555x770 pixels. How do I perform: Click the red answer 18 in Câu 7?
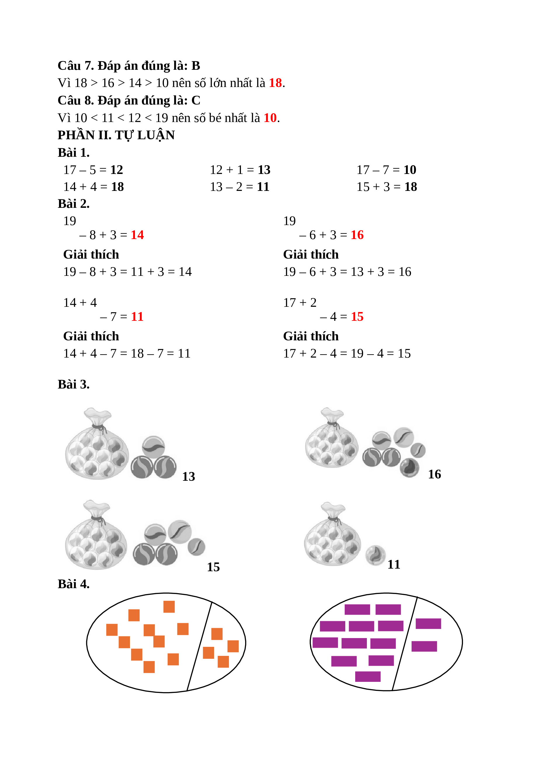pos(275,83)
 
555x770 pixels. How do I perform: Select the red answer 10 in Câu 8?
pos(270,118)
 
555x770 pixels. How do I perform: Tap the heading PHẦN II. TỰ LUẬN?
pos(116,135)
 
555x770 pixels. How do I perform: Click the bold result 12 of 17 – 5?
pos(117,170)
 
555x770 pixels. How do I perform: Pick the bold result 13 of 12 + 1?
pos(264,170)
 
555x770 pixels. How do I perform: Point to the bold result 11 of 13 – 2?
pos(263,187)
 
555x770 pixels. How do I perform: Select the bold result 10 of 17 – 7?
pos(410,170)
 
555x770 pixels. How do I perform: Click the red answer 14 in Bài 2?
pos(137,235)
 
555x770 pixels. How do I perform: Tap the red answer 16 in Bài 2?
pos(357,235)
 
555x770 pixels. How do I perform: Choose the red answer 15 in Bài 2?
pos(357,317)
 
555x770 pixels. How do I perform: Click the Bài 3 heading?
pos(74,385)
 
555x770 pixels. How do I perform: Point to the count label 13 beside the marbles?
pos(188,477)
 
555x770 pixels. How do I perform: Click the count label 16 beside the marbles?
pos(434,474)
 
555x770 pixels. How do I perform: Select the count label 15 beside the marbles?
pos(213,567)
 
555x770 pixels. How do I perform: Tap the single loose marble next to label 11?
pos(375,555)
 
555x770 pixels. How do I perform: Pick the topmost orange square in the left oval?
pos(169,607)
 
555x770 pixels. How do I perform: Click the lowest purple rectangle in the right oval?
pos(368,677)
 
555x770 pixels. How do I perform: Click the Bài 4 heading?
pos(74,584)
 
